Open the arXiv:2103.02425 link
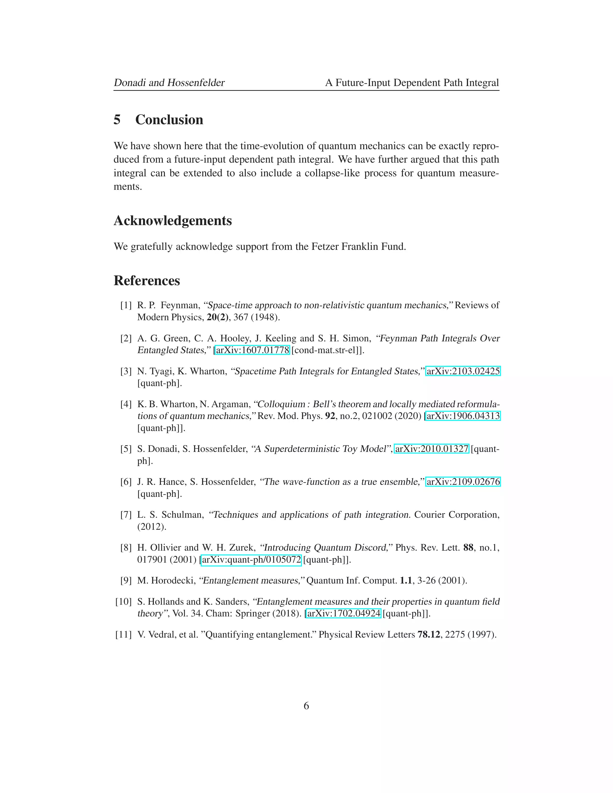pos(463,371)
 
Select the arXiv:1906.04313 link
pos(463,416)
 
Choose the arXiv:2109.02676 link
pos(463,482)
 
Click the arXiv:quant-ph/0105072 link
pos(251,559)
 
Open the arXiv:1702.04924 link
pos(343,613)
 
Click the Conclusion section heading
pos(169,120)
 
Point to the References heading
pos(147,281)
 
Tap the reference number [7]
pos(126,515)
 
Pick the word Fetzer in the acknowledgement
pos(325,246)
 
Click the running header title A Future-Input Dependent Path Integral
pos(412,83)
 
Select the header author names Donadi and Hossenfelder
pos(169,83)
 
